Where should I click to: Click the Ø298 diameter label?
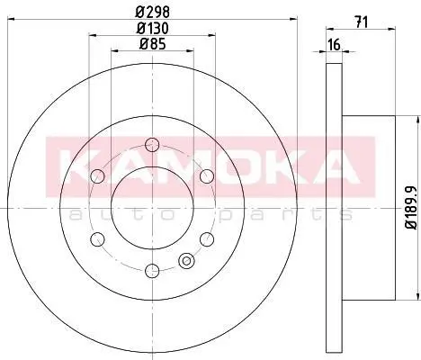(x=153, y=13)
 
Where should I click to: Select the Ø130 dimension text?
(x=153, y=29)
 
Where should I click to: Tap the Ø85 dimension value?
(x=153, y=44)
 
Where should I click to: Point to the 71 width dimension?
(x=362, y=22)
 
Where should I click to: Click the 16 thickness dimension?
(x=335, y=45)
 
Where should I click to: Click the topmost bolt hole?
(x=152, y=145)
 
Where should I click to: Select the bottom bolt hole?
(x=152, y=271)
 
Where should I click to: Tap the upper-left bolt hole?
(x=97, y=176)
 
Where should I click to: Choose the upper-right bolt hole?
(x=207, y=176)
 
